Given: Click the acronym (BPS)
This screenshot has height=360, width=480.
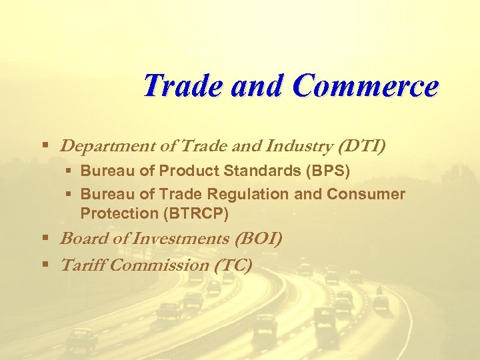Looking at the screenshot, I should tap(327, 171).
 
